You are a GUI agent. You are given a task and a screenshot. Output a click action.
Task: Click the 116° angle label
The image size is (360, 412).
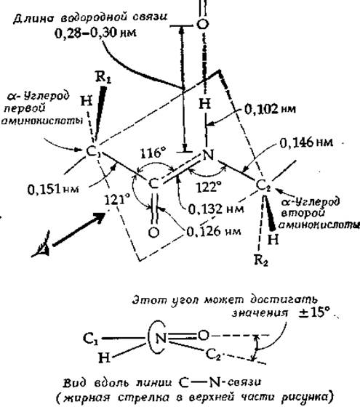click(153, 153)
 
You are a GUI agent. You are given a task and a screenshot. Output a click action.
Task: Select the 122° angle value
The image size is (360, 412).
click(209, 187)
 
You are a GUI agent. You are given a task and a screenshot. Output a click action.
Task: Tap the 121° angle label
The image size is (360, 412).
click(117, 200)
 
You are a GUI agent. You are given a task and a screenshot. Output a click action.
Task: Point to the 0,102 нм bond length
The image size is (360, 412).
click(270, 109)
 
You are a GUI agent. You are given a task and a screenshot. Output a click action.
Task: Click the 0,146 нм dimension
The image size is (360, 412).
click(306, 142)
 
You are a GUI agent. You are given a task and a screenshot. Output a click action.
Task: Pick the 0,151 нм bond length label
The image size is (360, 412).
click(53, 189)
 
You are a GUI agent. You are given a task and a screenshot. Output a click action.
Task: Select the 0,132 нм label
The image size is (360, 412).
click(216, 209)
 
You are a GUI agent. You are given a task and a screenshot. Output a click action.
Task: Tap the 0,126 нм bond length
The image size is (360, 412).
click(214, 232)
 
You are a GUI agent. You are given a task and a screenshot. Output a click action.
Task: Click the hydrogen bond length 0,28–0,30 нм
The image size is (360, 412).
click(96, 33)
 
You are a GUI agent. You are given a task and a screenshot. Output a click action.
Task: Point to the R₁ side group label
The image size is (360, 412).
click(103, 77)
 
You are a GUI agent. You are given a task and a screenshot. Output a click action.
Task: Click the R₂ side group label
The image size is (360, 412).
click(261, 260)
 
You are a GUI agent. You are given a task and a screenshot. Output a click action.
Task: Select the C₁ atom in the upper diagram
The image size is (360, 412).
click(93, 152)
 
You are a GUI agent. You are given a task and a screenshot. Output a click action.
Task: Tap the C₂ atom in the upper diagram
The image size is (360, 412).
click(263, 186)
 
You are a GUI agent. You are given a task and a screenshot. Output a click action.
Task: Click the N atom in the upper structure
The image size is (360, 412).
click(208, 155)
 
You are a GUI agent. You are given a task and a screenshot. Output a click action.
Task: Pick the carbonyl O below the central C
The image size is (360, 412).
click(153, 233)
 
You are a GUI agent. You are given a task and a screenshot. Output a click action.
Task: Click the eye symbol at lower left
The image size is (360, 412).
click(41, 245)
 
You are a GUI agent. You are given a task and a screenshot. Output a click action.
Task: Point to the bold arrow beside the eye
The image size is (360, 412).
click(79, 229)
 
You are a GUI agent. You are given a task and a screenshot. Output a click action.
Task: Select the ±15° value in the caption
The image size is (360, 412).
click(314, 312)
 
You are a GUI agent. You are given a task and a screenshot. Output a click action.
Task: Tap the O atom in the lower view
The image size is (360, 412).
click(203, 335)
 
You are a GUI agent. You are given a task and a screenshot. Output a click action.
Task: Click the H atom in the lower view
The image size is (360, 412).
click(105, 358)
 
